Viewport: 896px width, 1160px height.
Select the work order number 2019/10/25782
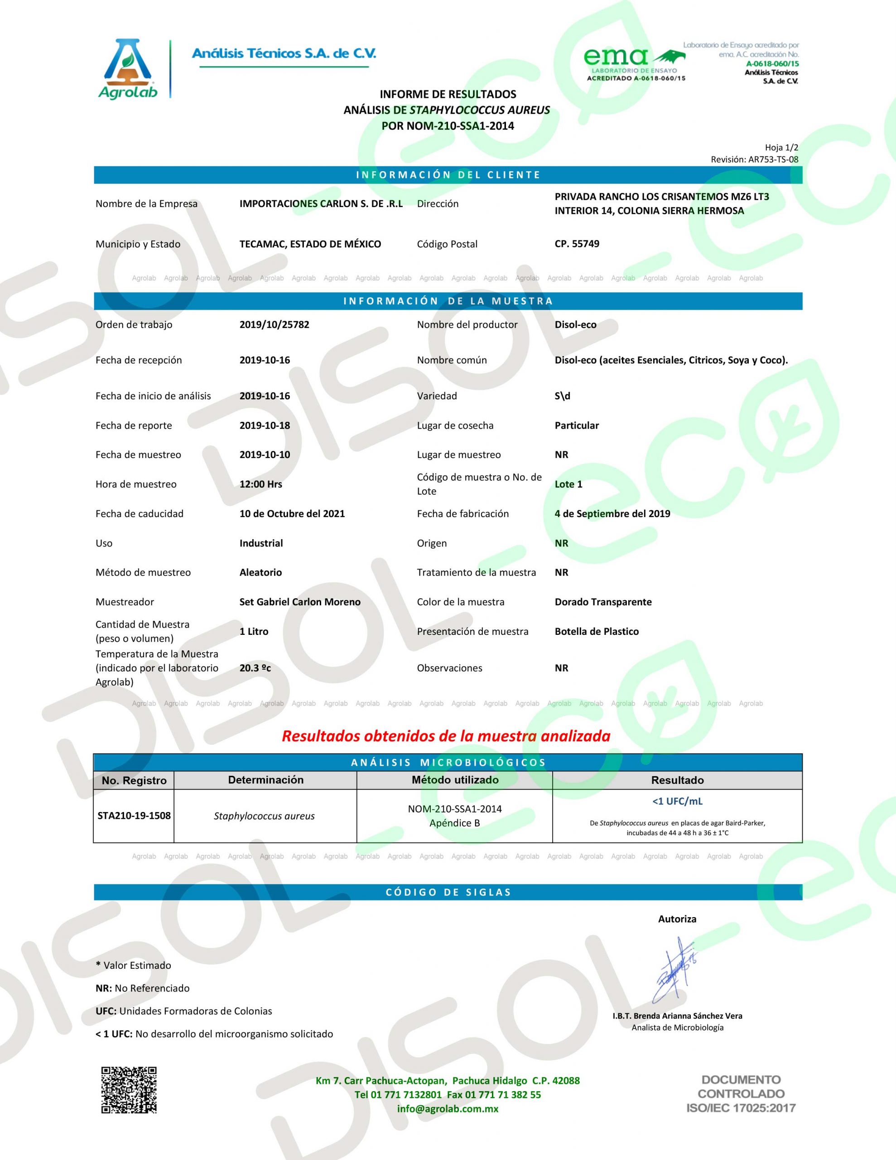coord(274,324)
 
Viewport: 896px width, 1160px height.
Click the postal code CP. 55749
coord(577,244)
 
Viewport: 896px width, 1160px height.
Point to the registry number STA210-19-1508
coord(134,815)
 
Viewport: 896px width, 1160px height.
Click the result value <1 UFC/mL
coord(677,801)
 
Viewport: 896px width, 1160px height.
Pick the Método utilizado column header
coord(455,780)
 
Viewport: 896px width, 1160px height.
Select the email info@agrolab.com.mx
coord(448,1108)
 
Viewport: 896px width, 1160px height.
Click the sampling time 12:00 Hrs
coord(261,484)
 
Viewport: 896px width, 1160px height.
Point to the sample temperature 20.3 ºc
coord(255,667)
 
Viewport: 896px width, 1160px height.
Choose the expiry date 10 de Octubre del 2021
coord(292,513)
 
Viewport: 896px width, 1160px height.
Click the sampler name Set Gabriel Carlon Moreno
coord(299,602)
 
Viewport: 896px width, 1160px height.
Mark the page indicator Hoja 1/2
coord(781,148)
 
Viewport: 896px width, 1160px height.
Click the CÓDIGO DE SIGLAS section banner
coord(448,892)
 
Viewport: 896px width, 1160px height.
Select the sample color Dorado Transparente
coord(603,602)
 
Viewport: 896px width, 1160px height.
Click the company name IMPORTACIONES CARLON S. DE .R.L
coord(321,203)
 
